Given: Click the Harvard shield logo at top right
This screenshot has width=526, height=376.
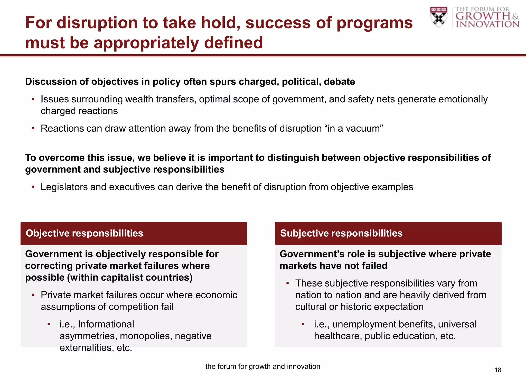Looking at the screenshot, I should point(439,17).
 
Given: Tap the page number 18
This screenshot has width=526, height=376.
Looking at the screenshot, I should point(498,370).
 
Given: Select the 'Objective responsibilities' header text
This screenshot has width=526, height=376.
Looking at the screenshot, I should point(84,233).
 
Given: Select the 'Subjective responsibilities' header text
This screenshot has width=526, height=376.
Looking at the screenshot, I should point(341,233).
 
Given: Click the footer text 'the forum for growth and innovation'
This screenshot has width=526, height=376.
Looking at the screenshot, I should point(263,366).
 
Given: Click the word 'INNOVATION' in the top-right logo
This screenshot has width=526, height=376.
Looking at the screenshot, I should point(487,24).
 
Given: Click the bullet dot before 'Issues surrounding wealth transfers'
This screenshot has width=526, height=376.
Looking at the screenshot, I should point(33,99).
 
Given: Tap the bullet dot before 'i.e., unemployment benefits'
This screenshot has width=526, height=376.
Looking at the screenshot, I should point(303,324).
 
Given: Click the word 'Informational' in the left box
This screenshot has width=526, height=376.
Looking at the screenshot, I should point(106,324).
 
